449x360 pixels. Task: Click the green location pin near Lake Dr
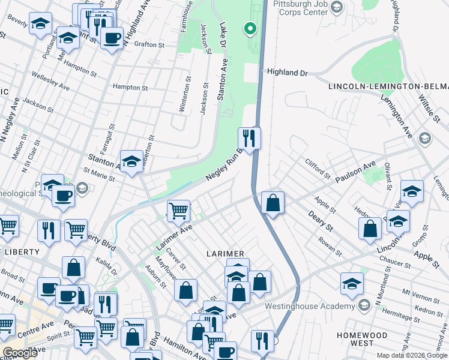coord(249,28)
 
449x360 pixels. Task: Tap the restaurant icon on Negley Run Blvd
coord(249,138)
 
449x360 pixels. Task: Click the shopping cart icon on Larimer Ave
coord(178,211)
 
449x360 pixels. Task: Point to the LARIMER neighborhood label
coord(226,254)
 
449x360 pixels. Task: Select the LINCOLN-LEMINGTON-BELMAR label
coord(388,87)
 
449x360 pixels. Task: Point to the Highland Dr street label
coord(288,73)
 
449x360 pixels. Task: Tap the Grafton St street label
coord(149,44)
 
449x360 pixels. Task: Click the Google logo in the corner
coord(20,353)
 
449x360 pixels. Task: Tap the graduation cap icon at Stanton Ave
coord(131,161)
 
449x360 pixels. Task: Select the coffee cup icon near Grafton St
coord(111,38)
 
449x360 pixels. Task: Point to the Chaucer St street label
coord(394,262)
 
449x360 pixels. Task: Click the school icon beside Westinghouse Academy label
coord(364,306)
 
